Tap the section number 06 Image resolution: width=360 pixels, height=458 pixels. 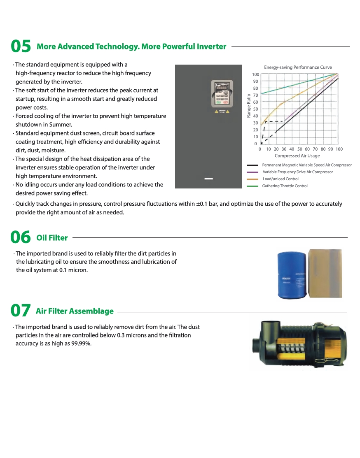point(21,237)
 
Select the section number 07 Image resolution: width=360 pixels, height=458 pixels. point(21,311)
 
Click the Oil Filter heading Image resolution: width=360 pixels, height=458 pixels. point(52,237)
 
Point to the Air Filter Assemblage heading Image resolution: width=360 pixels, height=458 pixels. point(75,311)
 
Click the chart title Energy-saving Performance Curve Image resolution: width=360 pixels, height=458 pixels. point(298,67)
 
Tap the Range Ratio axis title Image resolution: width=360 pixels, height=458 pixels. point(249,106)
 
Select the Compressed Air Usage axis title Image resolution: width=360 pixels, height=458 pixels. point(297,156)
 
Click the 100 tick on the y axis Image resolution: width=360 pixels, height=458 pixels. point(256,74)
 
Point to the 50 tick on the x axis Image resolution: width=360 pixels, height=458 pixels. point(299,149)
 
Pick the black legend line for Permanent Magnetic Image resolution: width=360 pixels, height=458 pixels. point(252,165)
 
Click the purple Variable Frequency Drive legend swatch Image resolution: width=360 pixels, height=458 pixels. point(252,172)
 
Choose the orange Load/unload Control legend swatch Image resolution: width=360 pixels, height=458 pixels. point(252,179)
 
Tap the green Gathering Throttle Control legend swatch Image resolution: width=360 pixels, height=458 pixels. point(252,186)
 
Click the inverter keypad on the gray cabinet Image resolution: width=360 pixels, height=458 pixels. point(222,94)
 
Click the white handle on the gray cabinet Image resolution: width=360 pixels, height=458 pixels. point(209,179)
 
